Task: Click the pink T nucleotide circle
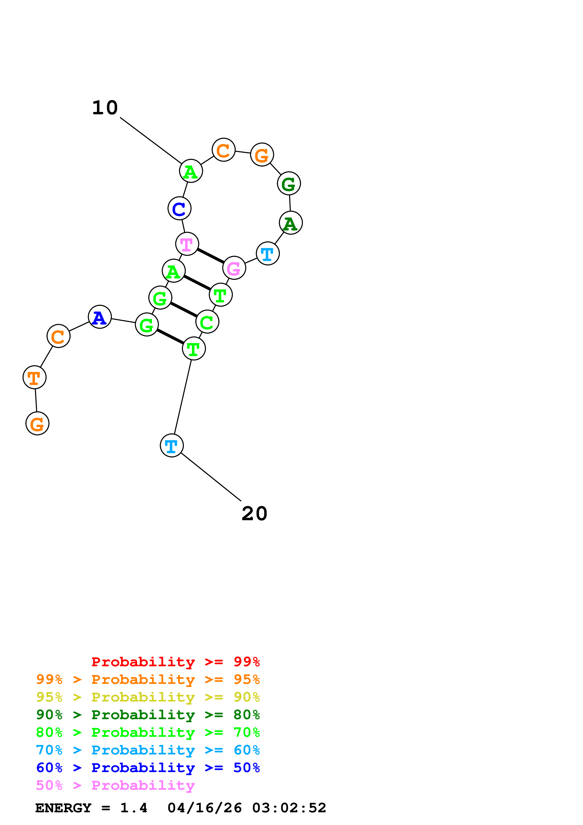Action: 187,244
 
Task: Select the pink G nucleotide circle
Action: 234,268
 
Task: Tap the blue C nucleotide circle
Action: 179,208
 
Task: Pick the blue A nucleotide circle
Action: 99,317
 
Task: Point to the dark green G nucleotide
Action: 289,183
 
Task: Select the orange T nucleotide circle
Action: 35,377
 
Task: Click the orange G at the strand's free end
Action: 37,423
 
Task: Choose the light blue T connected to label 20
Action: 172,446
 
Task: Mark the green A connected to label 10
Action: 191,171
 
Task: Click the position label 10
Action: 105,108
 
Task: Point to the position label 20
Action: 254,513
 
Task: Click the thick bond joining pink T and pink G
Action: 210,256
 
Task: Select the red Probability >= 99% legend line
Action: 175,662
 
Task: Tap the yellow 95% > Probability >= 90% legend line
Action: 148,697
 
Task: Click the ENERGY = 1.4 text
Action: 91,808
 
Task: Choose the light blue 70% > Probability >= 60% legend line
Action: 148,750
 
